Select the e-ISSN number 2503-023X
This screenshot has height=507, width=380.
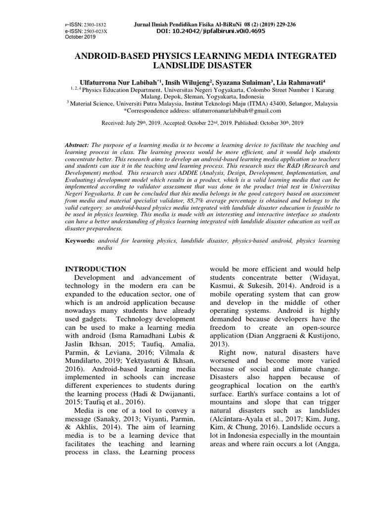(95, 31)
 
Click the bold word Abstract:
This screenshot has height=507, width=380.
(77, 144)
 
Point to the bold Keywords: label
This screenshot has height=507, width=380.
(80, 240)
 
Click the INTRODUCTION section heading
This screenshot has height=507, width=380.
(96, 269)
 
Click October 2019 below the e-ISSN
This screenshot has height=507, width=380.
(82, 37)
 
